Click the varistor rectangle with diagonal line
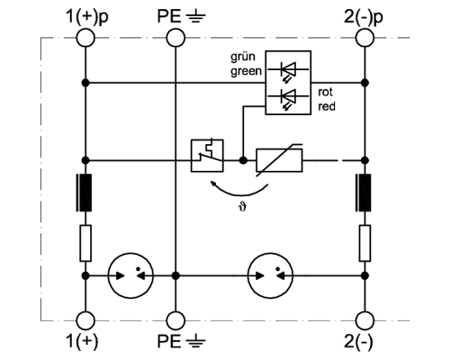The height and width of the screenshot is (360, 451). click(279, 160)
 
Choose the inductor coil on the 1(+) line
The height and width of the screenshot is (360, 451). click(85, 193)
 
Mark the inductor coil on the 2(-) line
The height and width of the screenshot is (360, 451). click(364, 193)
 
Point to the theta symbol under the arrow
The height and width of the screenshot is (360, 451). click(242, 207)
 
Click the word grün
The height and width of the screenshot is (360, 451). click(243, 57)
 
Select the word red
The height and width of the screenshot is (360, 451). click(327, 106)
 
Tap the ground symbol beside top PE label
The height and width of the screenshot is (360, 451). click(195, 18)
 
